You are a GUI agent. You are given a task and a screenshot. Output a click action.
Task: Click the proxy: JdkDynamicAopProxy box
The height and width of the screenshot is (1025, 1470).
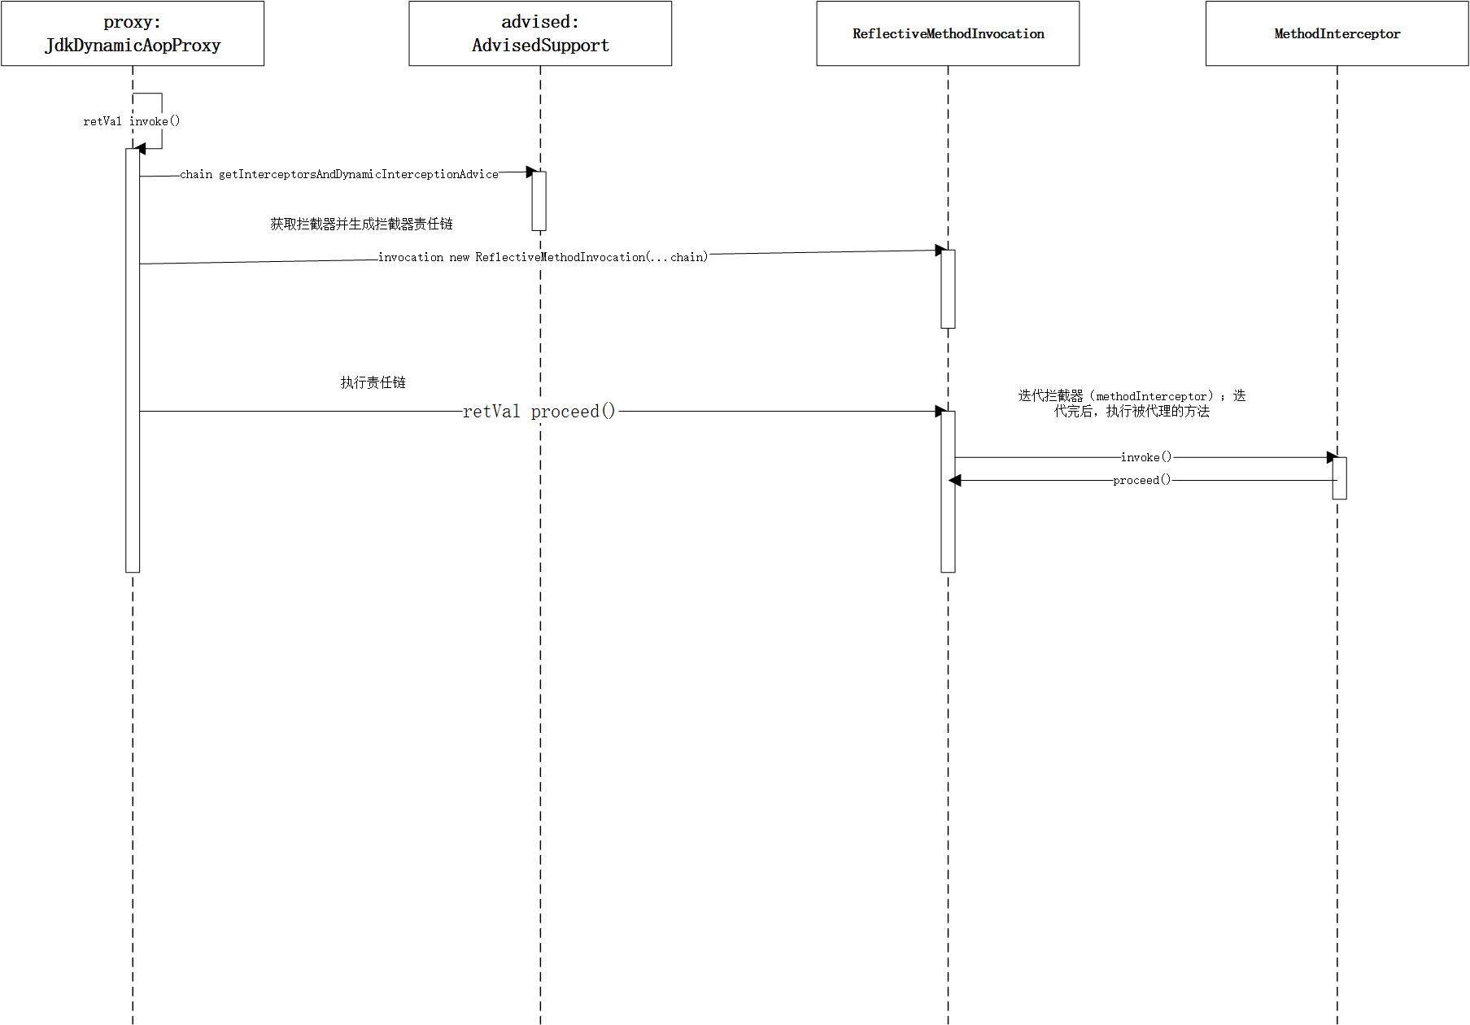133,33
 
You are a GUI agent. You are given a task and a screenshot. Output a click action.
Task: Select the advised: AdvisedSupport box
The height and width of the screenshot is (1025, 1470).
540,33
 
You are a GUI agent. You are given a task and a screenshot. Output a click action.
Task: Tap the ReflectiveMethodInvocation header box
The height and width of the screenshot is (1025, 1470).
948,33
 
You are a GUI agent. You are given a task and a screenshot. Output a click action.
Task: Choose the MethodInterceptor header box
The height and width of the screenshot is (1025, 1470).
1337,33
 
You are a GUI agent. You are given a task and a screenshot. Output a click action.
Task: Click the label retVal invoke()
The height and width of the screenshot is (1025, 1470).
131,121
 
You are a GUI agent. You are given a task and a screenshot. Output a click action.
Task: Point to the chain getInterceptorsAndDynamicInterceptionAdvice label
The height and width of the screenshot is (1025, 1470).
339,174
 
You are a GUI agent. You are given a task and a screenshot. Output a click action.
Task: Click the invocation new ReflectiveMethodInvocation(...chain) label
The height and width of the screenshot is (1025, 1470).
543,257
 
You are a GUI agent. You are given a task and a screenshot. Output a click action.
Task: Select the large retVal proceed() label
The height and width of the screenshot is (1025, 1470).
539,412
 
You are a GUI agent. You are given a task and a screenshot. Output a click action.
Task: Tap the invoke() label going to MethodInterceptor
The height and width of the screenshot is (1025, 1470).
1146,457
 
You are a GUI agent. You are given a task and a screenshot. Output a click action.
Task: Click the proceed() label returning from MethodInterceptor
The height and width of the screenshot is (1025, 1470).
1142,480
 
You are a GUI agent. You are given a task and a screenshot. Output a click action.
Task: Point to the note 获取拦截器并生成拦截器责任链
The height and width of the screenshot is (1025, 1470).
361,224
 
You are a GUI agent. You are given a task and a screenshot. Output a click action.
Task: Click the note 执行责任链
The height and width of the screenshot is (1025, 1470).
373,382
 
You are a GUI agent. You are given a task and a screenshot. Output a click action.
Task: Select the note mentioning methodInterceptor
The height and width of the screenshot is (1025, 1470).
1132,403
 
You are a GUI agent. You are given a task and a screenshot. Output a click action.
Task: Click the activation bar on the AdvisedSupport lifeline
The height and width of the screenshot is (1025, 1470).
539,201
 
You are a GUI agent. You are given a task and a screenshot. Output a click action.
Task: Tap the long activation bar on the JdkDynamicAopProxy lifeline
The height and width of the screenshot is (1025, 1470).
133,360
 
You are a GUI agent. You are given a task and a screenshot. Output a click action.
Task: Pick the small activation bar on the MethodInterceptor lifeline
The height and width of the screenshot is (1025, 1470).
1339,478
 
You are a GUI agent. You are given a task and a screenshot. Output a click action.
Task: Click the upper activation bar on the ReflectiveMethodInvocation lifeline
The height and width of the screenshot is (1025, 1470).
948,289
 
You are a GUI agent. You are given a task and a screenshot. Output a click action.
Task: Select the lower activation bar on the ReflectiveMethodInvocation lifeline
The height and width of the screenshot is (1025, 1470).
948,491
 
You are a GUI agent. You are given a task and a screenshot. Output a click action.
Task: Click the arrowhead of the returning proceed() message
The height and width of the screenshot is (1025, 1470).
955,481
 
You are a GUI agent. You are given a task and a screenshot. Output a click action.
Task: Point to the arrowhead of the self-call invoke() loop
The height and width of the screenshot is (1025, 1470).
140,149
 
